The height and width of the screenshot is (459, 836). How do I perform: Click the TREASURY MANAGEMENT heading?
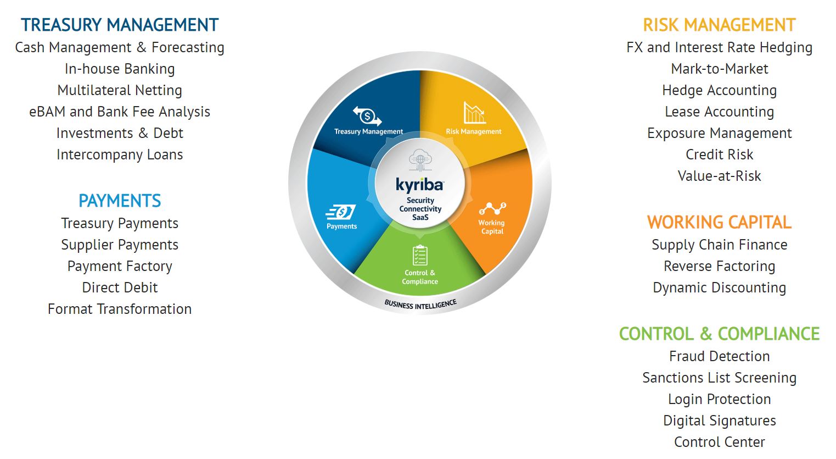tap(120, 25)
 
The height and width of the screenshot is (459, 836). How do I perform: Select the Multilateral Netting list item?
tap(120, 90)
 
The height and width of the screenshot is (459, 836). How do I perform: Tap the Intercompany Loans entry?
tap(120, 154)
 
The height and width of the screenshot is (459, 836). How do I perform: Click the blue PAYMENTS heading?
tap(120, 201)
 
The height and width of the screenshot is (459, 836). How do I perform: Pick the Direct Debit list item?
tap(120, 287)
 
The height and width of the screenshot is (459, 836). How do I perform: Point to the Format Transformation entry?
tap(120, 309)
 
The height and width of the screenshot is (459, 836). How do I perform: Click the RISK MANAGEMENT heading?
tap(719, 25)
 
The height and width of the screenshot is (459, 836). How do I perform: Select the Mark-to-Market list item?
tap(719, 69)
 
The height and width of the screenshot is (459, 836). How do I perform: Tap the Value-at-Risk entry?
tap(719, 176)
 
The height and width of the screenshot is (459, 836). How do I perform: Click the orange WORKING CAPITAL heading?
tap(719, 222)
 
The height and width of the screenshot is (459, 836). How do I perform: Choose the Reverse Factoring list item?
tap(719, 266)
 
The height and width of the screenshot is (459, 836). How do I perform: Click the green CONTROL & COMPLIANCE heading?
tap(719, 334)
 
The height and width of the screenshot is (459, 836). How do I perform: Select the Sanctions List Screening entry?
tap(719, 378)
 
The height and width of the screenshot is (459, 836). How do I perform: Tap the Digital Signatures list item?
tap(719, 421)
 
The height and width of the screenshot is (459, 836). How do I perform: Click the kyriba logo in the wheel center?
tap(420, 185)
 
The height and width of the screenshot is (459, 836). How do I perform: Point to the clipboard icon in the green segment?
tap(420, 255)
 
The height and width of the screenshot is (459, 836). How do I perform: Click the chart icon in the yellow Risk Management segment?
tap(474, 113)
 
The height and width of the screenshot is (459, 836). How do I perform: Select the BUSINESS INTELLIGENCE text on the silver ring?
tap(420, 305)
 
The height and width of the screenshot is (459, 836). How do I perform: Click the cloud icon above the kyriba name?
tap(420, 160)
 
